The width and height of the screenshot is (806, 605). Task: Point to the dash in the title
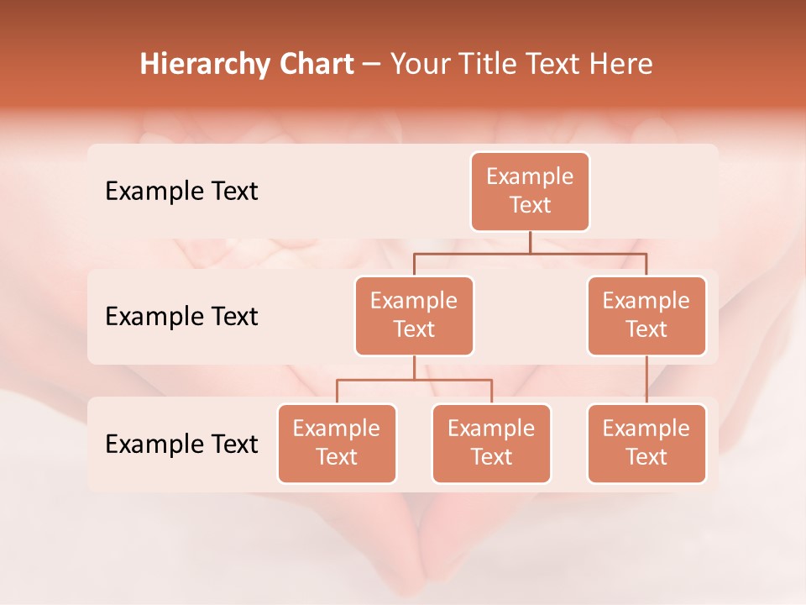(x=371, y=65)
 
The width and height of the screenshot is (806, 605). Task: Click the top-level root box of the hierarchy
(x=530, y=191)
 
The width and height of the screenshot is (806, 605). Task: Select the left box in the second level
(x=414, y=315)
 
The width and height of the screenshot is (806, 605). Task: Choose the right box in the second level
(x=646, y=315)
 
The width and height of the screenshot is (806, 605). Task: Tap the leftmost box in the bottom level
(x=337, y=443)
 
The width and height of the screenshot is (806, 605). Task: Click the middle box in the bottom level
(x=491, y=443)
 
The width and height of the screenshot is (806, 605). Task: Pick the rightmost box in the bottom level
(x=646, y=443)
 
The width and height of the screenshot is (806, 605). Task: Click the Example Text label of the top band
(x=181, y=192)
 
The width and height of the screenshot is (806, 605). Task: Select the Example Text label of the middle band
(x=181, y=317)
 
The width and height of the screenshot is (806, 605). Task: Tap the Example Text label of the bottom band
(x=181, y=444)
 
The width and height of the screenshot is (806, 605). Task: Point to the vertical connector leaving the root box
(x=530, y=242)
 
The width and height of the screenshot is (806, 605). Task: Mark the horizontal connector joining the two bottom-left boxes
(x=414, y=380)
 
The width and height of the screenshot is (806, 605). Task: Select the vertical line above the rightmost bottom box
(x=646, y=380)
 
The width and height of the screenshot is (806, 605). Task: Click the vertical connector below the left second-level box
(x=414, y=368)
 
